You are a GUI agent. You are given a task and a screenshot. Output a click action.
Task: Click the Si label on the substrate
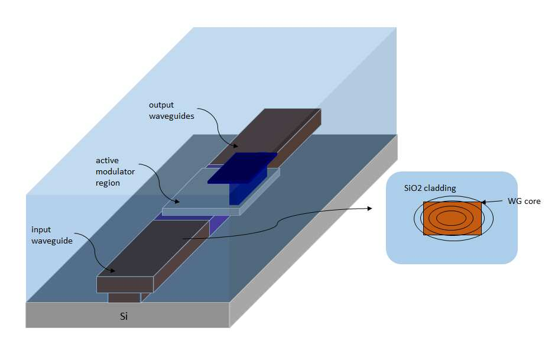124,316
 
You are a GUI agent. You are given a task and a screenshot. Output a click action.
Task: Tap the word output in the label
161,105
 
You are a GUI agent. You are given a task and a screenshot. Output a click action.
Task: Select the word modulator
115,171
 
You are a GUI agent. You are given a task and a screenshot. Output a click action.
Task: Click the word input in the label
41,230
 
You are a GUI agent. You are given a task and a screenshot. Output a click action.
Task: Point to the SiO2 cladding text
430,188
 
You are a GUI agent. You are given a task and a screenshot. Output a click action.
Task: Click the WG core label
524,201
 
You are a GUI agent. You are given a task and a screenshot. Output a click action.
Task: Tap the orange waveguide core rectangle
452,218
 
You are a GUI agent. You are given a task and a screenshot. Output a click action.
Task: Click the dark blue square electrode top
242,168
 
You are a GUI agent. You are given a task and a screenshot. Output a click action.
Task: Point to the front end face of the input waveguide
125,284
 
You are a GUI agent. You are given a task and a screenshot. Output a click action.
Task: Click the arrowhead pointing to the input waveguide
112,271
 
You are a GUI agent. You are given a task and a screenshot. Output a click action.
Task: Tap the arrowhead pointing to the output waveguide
235,145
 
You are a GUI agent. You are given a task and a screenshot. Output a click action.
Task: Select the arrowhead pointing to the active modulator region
176,202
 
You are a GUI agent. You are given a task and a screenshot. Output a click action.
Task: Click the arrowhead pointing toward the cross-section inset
370,208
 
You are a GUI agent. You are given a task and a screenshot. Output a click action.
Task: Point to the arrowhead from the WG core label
484,202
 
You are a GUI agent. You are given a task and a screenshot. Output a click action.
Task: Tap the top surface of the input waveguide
152,248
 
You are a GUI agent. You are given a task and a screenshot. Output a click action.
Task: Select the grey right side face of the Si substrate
314,231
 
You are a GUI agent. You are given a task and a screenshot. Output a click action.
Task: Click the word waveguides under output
171,116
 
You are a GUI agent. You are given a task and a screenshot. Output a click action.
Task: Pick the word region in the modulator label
108,183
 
